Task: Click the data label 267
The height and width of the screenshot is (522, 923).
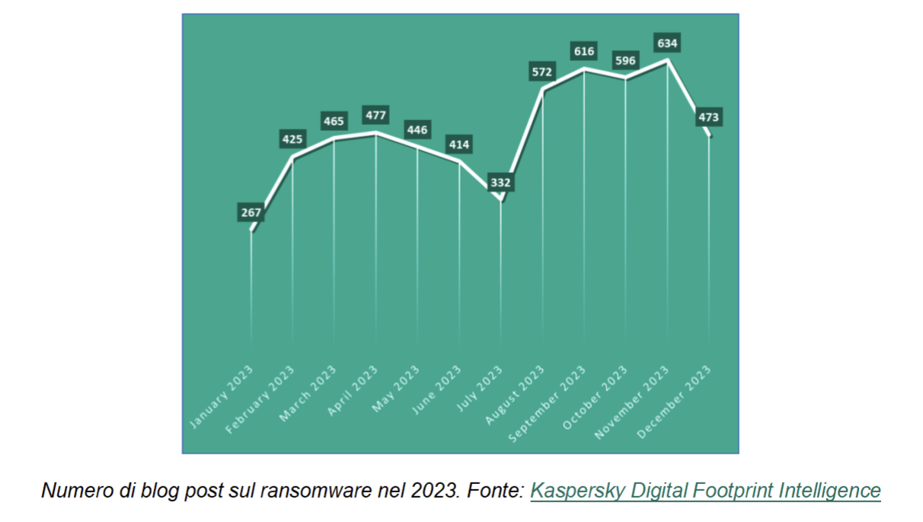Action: point(251,213)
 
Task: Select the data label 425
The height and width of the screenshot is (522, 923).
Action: point(293,140)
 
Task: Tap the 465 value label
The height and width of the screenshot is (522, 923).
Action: point(334,121)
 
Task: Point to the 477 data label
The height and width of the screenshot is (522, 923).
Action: point(376,116)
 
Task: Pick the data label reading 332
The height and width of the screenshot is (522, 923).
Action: point(501,183)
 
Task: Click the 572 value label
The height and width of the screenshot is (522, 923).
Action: point(543,72)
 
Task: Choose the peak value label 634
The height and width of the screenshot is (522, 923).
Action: point(668,43)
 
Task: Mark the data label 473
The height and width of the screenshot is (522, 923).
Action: point(708,118)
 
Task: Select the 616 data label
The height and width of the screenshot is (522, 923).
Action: point(584,52)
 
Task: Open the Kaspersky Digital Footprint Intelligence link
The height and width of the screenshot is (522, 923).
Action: point(705,491)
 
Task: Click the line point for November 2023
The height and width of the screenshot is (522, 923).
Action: point(668,61)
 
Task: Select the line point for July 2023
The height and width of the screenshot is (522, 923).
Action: point(501,200)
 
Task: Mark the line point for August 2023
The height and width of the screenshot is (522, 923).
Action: point(543,89)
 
